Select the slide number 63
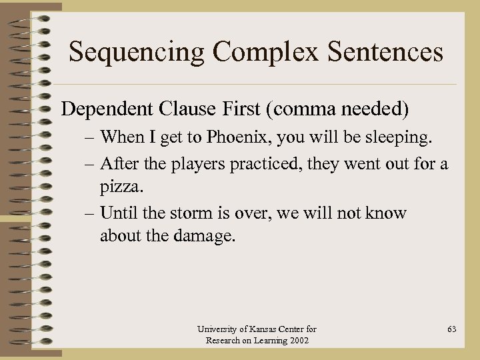(x=452, y=329)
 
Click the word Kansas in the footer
(x=262, y=329)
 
